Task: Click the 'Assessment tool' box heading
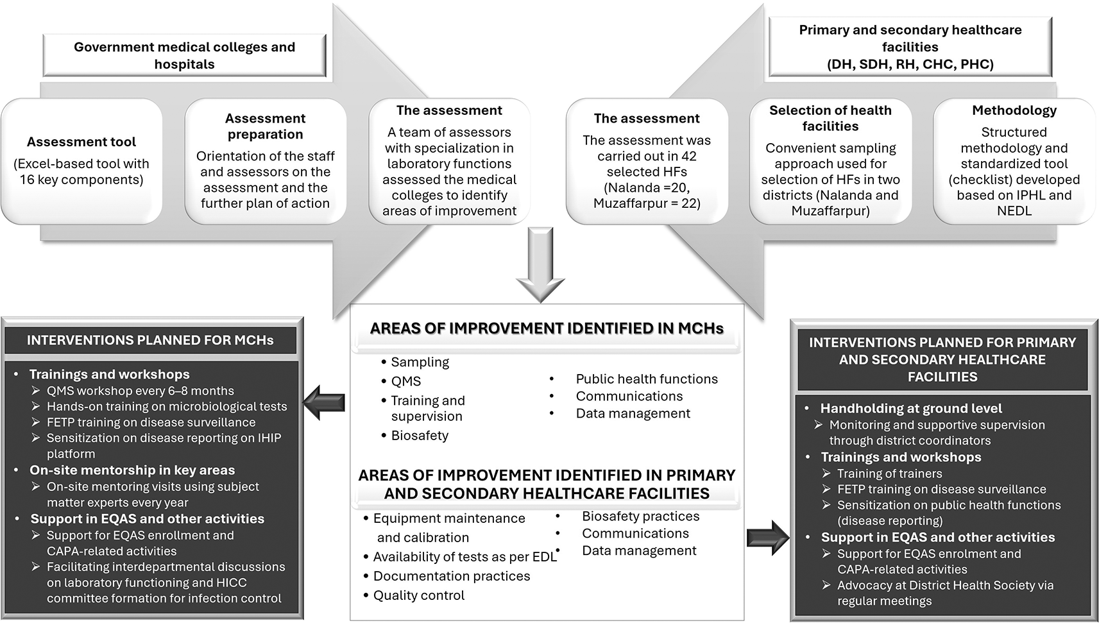pos(81,142)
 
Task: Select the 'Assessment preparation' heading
pos(265,126)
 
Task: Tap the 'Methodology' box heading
pos(1014,110)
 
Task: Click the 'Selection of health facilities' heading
pos(830,118)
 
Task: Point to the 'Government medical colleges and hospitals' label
pos(184,56)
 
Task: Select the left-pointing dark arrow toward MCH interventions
pos(324,403)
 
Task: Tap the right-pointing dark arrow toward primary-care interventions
pos(768,538)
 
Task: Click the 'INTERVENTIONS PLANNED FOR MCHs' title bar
pos(150,341)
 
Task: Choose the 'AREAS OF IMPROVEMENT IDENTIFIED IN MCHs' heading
pos(547,329)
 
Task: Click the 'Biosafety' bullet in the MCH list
pos(420,436)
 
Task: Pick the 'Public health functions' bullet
pos(646,379)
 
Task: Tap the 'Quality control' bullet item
pos(418,595)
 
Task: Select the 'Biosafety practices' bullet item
pos(640,516)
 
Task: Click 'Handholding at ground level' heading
pos(910,409)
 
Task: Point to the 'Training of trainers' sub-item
pos(889,474)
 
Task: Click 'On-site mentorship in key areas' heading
pos(132,470)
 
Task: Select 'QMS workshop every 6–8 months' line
pos(140,391)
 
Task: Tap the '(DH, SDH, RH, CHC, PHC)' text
pos(910,64)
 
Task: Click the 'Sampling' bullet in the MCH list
pos(420,363)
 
